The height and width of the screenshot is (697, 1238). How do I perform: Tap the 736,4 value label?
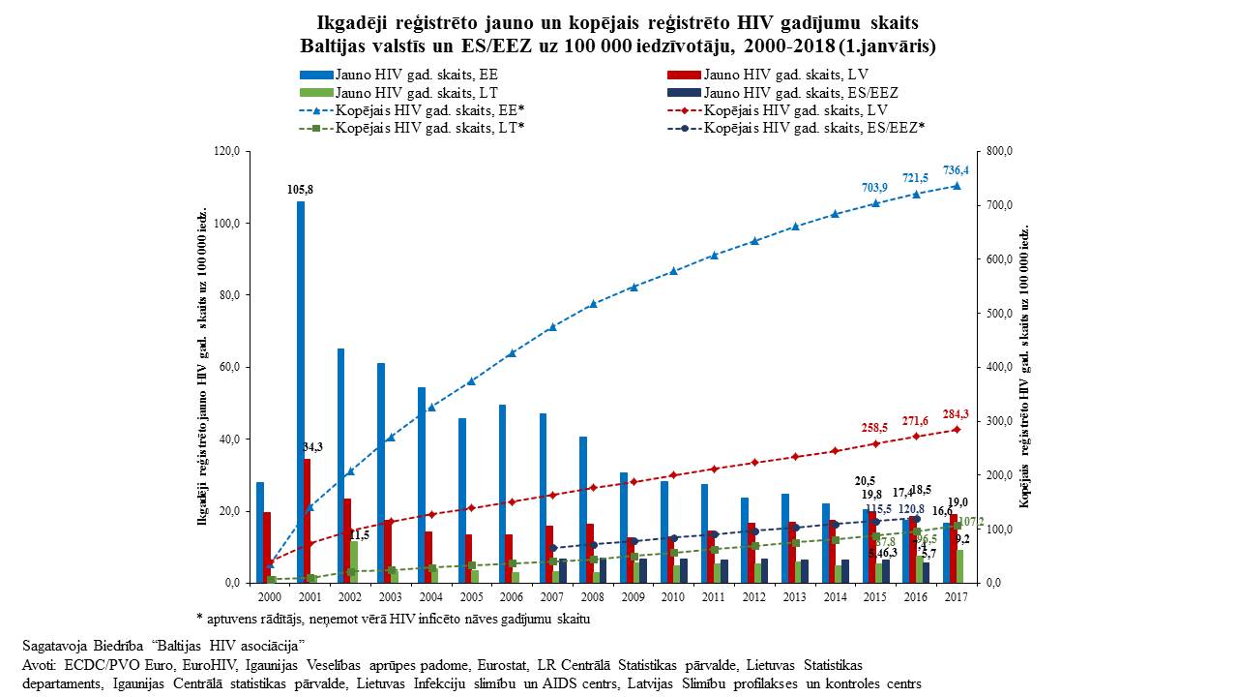[956, 169]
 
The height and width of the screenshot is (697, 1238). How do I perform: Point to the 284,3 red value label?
[956, 414]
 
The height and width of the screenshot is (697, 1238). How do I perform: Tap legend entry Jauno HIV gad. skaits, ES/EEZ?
[801, 92]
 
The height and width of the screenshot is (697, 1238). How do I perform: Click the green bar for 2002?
[355, 561]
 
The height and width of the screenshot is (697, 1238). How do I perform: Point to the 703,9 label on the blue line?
[874, 187]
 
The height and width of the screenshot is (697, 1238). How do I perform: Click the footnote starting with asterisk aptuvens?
[393, 618]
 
